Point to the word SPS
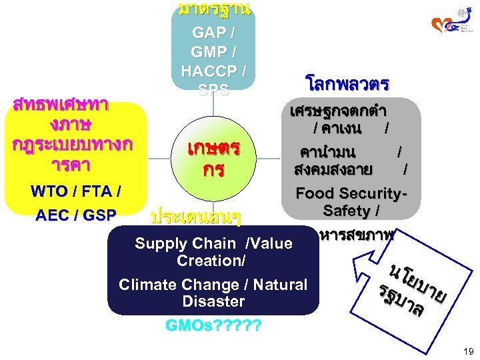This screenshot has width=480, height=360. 213,89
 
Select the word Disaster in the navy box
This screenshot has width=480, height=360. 213,301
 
